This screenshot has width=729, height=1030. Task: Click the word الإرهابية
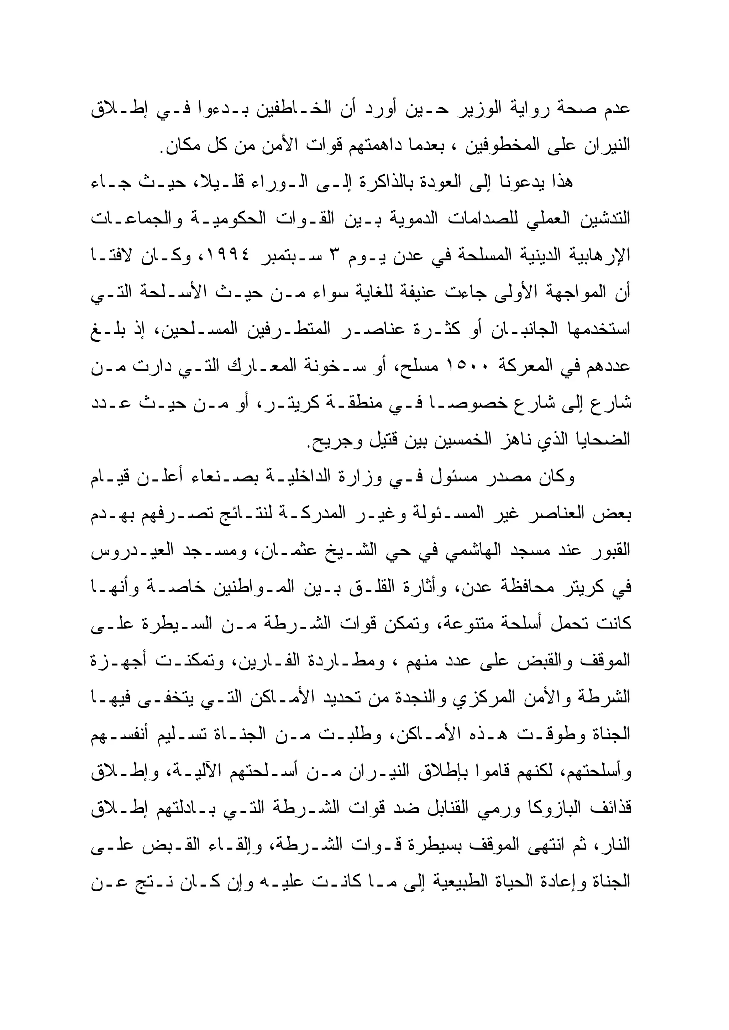coord(600,256)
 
